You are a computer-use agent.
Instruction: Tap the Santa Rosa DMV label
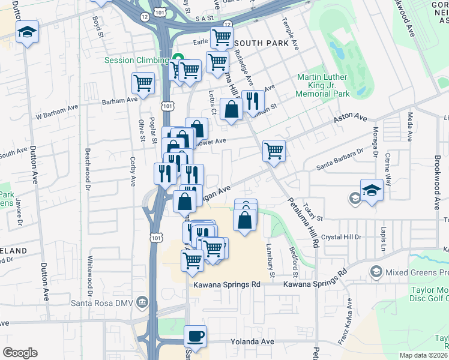point(103,301)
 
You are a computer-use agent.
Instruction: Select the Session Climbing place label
point(136,60)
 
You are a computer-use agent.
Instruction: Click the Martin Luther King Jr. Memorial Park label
point(323,86)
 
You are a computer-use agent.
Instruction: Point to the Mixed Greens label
point(417,272)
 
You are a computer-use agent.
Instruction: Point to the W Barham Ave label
point(57,111)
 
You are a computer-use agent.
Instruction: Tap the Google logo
point(20,352)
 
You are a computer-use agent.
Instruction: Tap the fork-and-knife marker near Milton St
point(253,100)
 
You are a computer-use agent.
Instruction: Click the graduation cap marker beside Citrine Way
point(372,190)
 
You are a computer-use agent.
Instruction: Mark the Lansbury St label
point(271,259)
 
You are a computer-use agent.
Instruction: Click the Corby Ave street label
point(133,170)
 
